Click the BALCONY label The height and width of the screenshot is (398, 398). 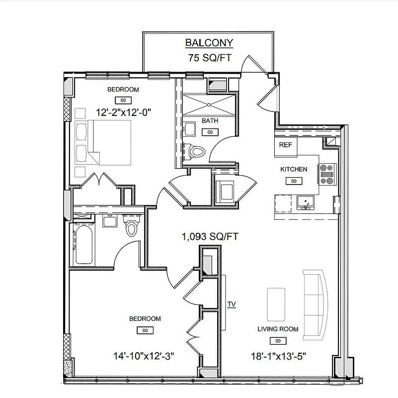tap(209, 43)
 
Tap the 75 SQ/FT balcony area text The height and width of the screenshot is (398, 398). tap(209, 58)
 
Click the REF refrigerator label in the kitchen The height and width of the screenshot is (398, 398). tap(285, 145)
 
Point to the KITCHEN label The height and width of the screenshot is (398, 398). tap(294, 169)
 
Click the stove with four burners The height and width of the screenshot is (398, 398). tap(327, 174)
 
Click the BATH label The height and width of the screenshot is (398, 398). tap(210, 121)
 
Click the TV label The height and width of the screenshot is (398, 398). tap(231, 304)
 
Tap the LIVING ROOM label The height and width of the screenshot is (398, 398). tap(278, 329)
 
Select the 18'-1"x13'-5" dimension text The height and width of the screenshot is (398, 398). tap(278, 356)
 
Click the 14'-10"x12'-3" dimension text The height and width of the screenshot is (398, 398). tap(144, 356)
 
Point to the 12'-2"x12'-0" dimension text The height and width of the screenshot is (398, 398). tap(123, 112)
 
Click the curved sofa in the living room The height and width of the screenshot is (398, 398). tap(317, 304)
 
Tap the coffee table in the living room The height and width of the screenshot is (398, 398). tap(276, 304)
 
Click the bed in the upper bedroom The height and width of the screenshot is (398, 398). tap(103, 143)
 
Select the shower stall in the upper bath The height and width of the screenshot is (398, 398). tap(209, 104)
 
